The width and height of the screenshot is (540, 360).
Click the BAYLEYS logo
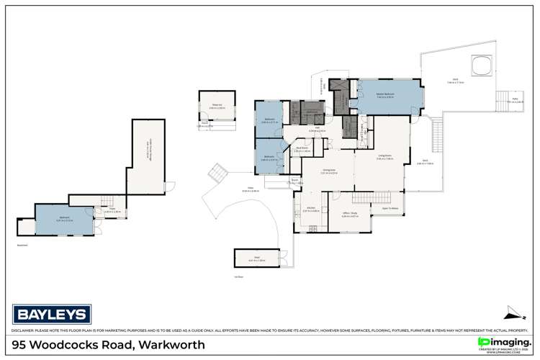pyautogui.click(x=51, y=315)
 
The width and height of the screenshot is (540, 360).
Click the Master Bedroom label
pyautogui.click(x=385, y=94)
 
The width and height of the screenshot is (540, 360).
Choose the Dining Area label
pyautogui.click(x=310, y=171)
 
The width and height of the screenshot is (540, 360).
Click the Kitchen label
pyautogui.click(x=310, y=210)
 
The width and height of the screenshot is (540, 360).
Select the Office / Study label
pyautogui.click(x=350, y=214)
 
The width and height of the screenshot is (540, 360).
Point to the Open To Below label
pyautogui.click(x=390, y=209)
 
